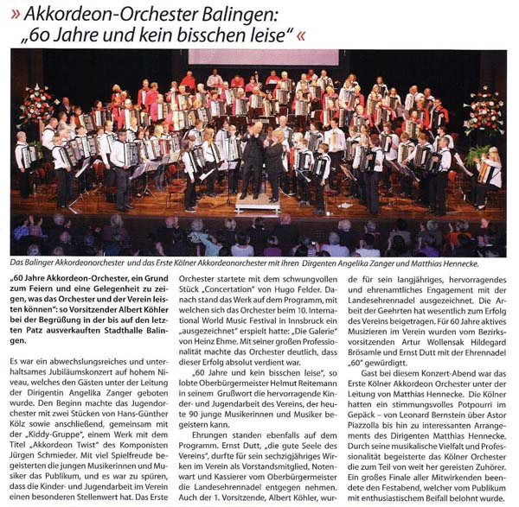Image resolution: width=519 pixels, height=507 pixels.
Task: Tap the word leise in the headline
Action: (x=265, y=37)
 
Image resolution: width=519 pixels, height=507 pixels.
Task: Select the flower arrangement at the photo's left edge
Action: (x=37, y=104)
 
